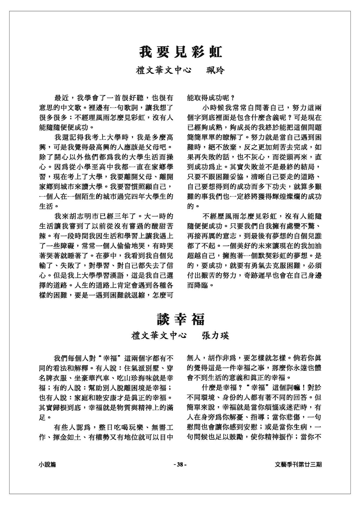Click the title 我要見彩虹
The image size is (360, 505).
(x=180, y=52)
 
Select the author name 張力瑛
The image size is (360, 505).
(x=215, y=336)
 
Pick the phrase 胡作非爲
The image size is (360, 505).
(x=225, y=358)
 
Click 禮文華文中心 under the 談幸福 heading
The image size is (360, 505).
(x=159, y=336)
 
